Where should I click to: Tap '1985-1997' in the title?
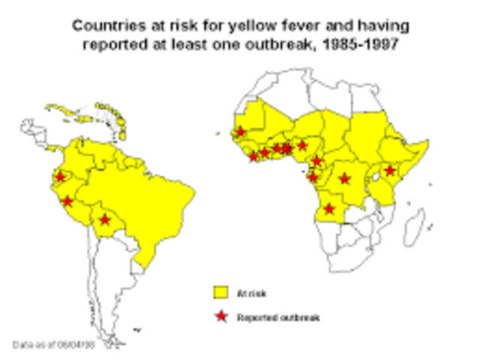tap(365, 44)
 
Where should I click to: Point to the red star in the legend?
tap(220, 317)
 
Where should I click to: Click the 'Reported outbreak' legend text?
tap(278, 318)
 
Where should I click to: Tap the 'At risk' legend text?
tap(251, 293)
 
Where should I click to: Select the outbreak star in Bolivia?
tap(105, 219)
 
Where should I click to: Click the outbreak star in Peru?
tap(68, 201)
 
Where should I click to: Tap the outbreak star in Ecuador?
tap(60, 177)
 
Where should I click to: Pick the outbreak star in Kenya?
tap(389, 171)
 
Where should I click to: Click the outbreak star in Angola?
tap(328, 208)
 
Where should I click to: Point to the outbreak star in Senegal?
tap(240, 132)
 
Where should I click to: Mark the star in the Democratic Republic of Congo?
tap(344, 179)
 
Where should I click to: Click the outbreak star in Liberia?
tap(253, 156)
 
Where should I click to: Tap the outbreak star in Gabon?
tap(313, 177)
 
